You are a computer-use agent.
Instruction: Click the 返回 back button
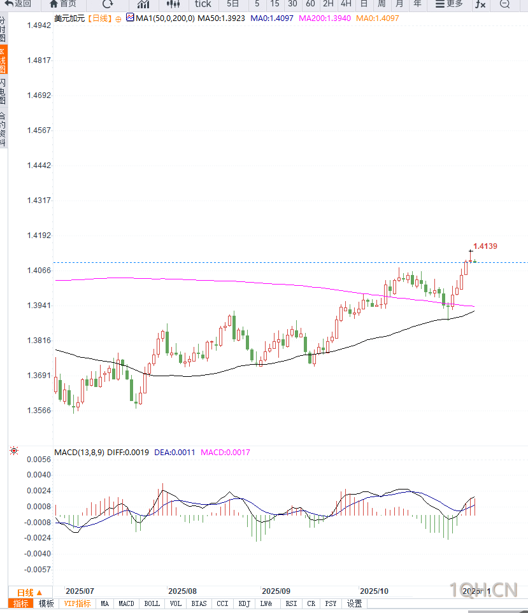[x=18, y=4]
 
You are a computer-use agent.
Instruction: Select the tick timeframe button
[x=203, y=4]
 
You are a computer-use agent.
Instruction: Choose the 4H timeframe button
[x=346, y=4]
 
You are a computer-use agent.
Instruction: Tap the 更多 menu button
[x=449, y=4]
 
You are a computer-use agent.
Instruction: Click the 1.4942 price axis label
[x=39, y=25]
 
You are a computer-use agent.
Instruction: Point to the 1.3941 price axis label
[x=39, y=305]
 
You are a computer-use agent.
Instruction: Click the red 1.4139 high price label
[x=485, y=246]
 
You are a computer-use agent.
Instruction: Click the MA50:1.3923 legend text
[x=221, y=18]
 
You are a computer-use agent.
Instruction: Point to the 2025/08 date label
[x=183, y=591]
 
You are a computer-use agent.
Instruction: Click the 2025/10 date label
[x=374, y=591]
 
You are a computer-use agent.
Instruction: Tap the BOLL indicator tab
[x=152, y=603]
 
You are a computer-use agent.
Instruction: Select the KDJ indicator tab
[x=244, y=603]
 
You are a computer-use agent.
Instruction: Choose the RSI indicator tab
[x=291, y=603]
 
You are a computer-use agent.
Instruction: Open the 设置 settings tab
[x=354, y=603]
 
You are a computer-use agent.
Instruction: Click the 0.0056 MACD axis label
[x=39, y=459]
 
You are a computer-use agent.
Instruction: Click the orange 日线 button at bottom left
[x=29, y=592]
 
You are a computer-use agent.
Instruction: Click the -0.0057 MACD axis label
[x=38, y=569]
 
